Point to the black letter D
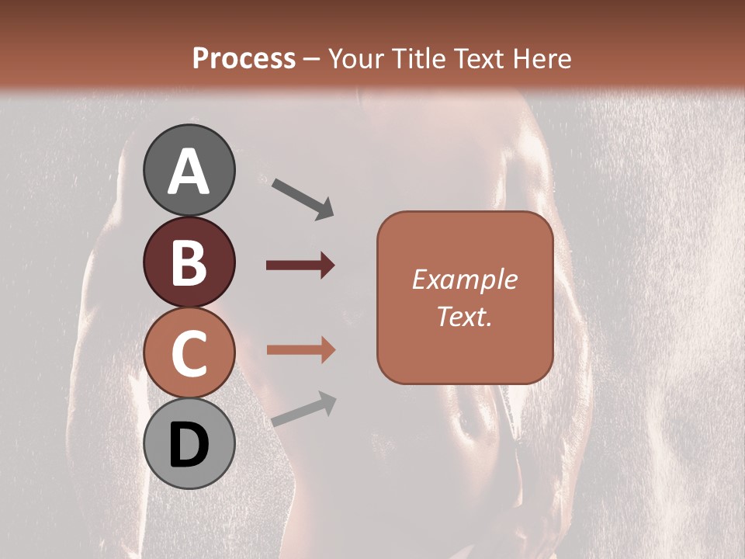click(x=189, y=446)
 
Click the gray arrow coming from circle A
click(x=303, y=197)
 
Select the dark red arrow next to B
click(x=300, y=266)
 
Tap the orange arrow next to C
click(x=300, y=350)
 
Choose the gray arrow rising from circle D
click(x=303, y=409)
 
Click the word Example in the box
click(x=464, y=279)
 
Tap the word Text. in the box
click(x=464, y=316)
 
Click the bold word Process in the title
click(x=244, y=58)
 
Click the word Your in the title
click(x=358, y=58)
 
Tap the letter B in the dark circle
click(x=189, y=264)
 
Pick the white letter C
click(x=189, y=353)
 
